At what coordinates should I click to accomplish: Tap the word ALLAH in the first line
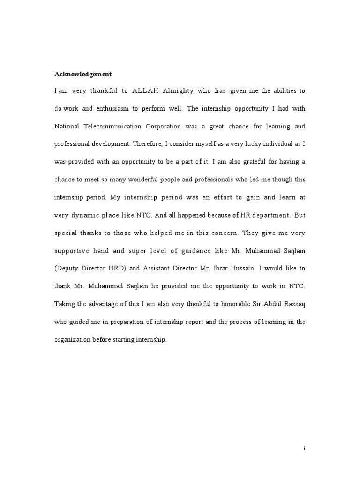(x=147, y=90)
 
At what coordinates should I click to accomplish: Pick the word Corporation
(x=180, y=126)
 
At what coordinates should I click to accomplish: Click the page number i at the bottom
(x=304, y=449)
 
